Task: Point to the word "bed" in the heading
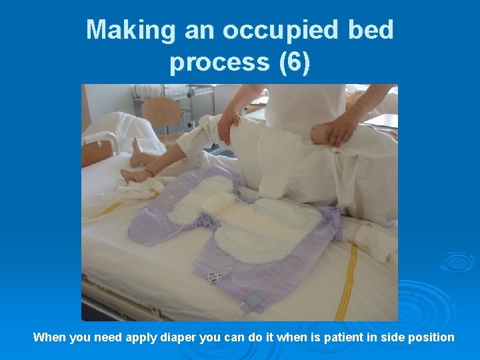pos(370,30)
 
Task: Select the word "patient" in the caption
pos(336,337)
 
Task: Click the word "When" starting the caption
pos(49,337)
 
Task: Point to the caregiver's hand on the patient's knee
pos(228,124)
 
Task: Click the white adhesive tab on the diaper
pos(214,277)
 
